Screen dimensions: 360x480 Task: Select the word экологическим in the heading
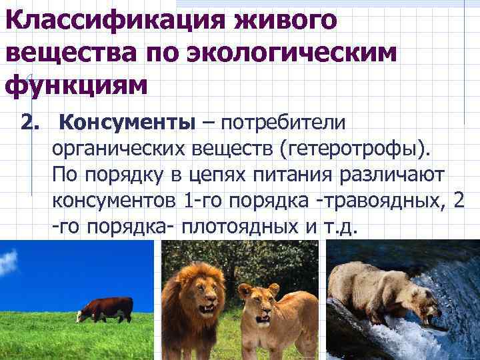point(295,54)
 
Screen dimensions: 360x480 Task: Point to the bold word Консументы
point(127,123)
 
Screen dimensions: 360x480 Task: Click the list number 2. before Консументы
point(31,123)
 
